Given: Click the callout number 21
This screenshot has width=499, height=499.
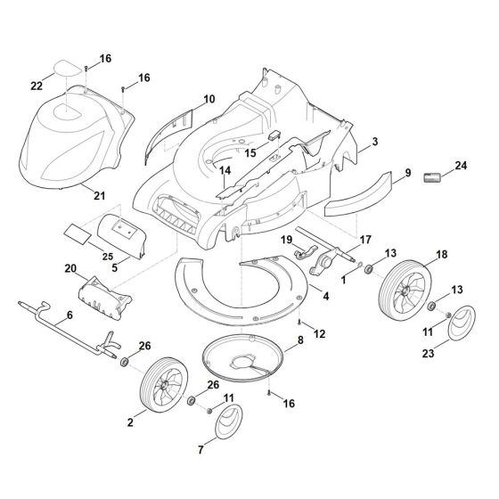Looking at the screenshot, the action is (99, 196).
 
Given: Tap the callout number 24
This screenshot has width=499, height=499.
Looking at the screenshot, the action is (461, 166).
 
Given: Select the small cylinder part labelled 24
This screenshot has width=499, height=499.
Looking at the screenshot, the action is (432, 177).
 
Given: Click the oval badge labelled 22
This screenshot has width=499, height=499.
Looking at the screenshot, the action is (68, 68).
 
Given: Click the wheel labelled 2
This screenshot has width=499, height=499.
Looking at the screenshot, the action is (164, 385).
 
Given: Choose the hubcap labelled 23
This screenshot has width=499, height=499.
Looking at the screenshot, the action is (462, 322).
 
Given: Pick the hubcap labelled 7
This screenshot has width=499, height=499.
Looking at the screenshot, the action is (228, 421).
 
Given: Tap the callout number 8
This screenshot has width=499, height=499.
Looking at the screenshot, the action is (300, 340).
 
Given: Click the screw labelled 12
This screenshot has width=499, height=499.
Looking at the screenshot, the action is (299, 322).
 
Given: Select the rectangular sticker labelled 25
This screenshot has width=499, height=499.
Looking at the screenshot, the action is (78, 233).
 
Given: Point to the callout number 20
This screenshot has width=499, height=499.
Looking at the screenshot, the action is (70, 268).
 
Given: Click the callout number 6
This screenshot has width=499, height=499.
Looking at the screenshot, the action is (70, 315).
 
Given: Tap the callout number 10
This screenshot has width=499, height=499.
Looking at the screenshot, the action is (209, 99).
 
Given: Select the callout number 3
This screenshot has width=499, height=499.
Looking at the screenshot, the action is (375, 142).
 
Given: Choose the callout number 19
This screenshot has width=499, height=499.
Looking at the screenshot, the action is (286, 240).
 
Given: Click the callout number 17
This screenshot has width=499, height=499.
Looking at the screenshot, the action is (365, 240).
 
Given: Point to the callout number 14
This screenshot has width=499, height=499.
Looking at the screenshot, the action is (225, 170).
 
